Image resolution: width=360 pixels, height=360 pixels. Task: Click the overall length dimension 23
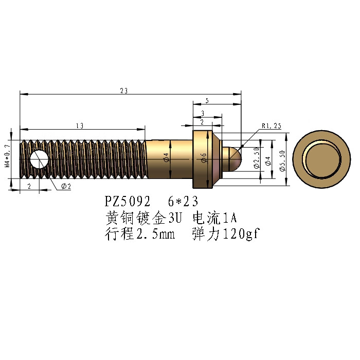point(124,91)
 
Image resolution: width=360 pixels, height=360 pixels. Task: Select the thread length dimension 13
point(80,126)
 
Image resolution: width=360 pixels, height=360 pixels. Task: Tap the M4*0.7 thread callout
point(7,156)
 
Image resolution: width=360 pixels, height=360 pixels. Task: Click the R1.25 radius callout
point(272,126)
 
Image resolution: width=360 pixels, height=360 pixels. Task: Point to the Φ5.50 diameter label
point(282,160)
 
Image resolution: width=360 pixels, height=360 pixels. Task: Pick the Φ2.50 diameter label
point(257,158)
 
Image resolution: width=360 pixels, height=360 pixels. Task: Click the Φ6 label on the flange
point(204,158)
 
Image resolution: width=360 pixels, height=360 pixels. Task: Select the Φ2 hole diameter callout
point(66,186)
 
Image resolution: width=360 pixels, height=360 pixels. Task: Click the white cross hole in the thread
point(39,159)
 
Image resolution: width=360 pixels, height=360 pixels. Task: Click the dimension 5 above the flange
point(207,101)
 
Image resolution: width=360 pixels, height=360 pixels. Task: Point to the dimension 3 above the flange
point(203,114)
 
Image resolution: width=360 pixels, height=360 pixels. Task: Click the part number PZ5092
point(128,202)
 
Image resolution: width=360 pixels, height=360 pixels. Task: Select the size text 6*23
point(183,202)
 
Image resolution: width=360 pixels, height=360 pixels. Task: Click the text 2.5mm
point(155,234)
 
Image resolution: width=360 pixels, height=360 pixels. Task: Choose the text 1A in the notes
point(230,218)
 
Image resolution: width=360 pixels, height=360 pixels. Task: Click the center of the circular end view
point(321,159)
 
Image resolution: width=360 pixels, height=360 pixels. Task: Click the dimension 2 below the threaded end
point(29,186)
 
